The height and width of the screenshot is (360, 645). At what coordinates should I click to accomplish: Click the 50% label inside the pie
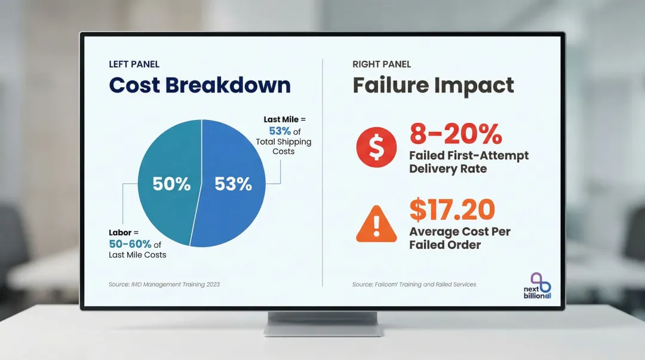click(x=171, y=184)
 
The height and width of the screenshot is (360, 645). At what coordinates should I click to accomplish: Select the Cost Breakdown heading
click(x=199, y=85)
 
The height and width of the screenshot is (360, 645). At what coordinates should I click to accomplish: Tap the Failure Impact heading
click(x=433, y=85)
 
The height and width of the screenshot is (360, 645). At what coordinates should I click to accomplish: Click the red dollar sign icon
click(x=376, y=147)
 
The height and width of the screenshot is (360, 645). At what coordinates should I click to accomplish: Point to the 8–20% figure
click(x=456, y=134)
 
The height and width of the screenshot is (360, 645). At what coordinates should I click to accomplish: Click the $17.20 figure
click(x=452, y=210)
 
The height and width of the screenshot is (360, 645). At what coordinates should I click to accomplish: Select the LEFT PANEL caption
click(x=134, y=64)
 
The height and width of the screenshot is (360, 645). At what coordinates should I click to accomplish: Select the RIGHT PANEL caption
click(x=382, y=64)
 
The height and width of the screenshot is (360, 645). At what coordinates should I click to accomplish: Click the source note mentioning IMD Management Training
click(x=164, y=284)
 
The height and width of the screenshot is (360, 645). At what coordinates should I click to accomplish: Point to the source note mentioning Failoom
click(x=414, y=284)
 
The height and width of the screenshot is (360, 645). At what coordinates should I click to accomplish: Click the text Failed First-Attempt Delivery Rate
click(x=469, y=162)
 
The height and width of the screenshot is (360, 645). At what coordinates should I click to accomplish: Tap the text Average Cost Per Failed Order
click(x=460, y=238)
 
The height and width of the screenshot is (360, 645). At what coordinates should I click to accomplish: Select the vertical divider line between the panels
click(x=322, y=173)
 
